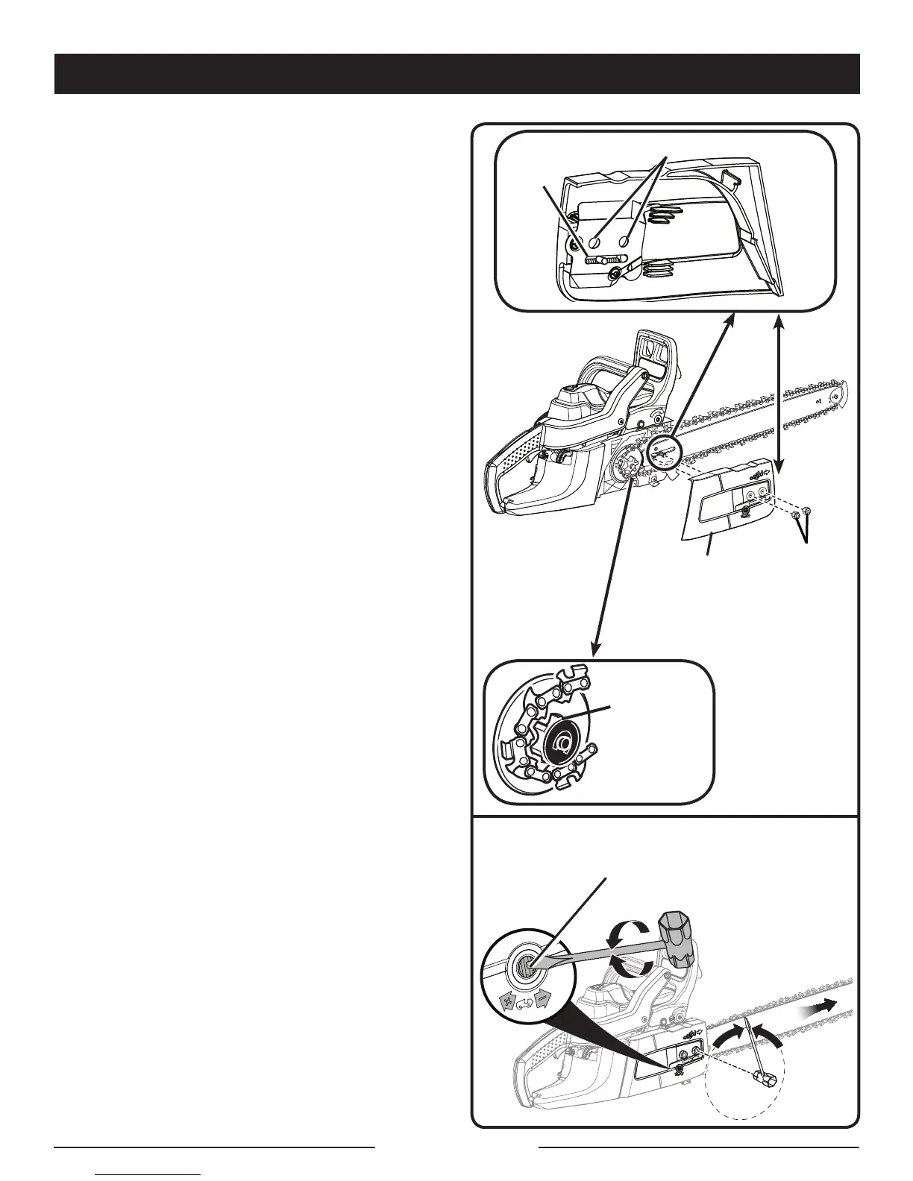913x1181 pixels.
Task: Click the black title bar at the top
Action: [456, 73]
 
